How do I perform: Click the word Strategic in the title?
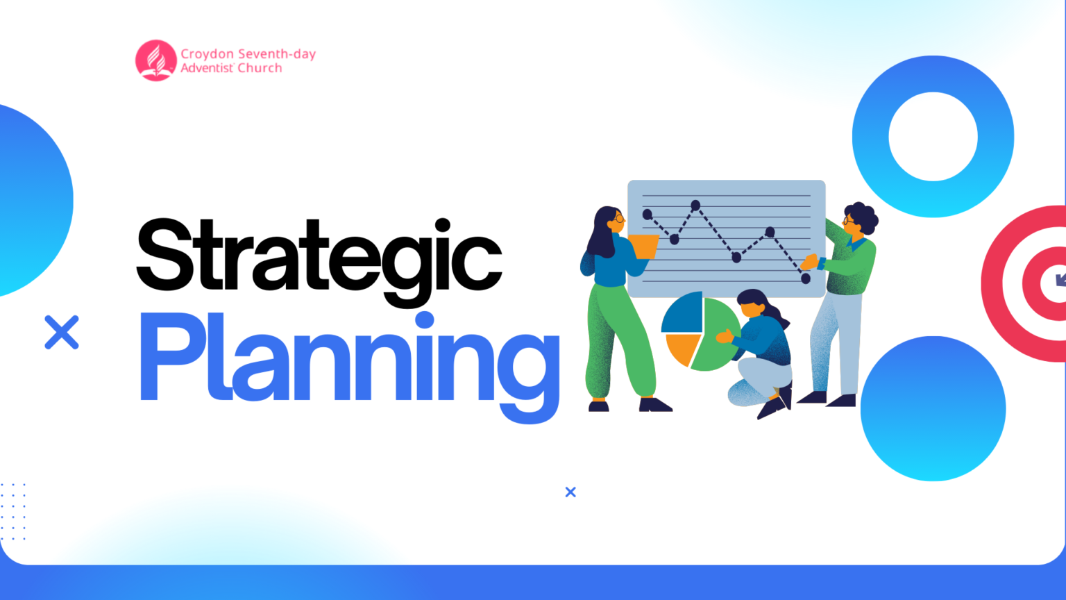point(319,257)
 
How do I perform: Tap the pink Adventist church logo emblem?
point(156,60)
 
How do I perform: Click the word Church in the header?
point(260,68)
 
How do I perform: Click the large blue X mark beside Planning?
point(62,332)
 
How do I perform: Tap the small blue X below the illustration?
point(570,492)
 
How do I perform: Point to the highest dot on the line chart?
point(695,205)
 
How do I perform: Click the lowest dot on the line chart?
point(806,278)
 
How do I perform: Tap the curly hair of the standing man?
point(863,215)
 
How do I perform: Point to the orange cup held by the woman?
point(643,246)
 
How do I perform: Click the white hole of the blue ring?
point(933,137)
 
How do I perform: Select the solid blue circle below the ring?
point(933,408)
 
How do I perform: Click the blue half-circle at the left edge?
point(31,201)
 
